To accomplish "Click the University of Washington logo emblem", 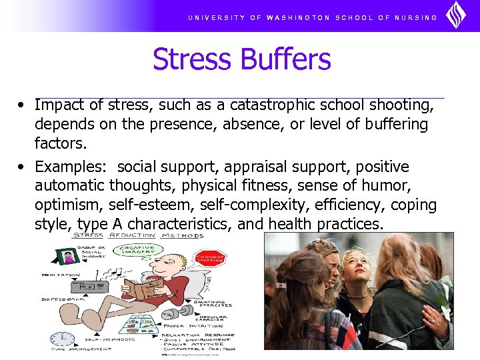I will (x=455, y=15).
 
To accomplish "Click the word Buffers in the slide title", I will (x=286, y=59).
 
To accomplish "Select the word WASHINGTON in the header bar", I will (x=298, y=17).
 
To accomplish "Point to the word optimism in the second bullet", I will (x=68, y=205).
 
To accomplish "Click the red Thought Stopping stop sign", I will (x=209, y=261).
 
